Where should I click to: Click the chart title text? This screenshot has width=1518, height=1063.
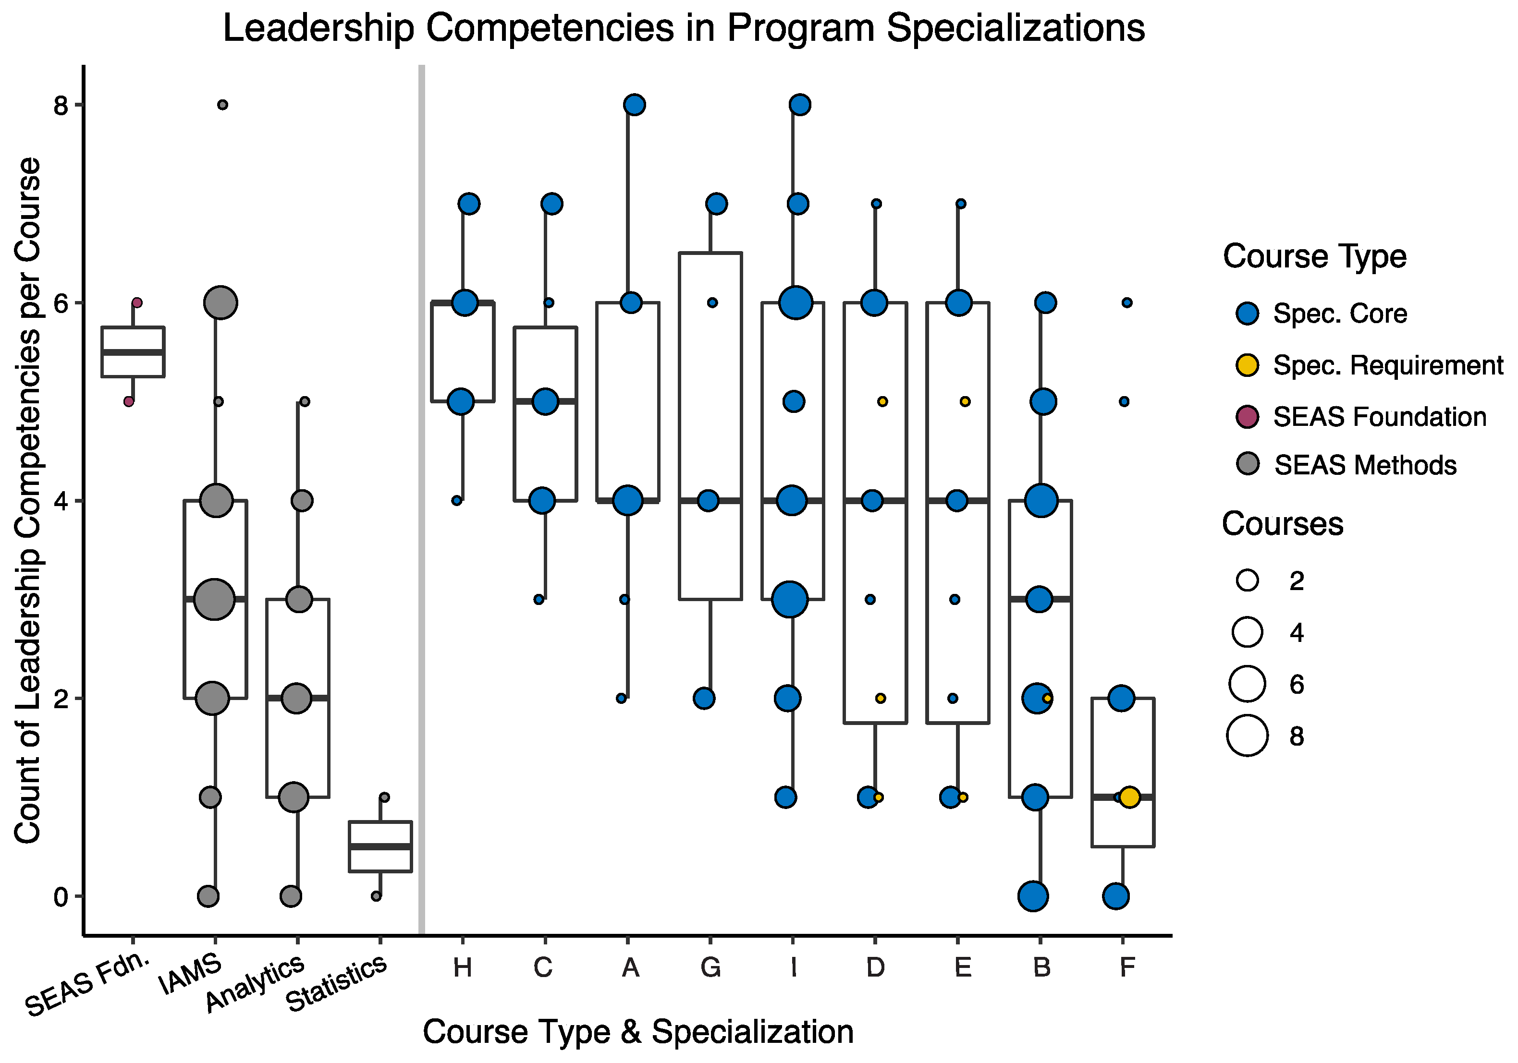tap(684, 29)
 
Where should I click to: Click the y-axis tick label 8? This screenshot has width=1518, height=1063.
tap(61, 105)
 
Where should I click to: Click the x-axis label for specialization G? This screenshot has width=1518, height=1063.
tap(711, 968)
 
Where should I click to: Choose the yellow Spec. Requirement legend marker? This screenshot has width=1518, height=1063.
tap(1248, 365)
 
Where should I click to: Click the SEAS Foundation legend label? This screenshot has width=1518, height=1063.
tap(1380, 417)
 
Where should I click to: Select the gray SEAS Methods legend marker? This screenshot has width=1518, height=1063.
tap(1248, 464)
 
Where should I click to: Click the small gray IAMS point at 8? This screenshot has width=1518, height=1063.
tap(223, 105)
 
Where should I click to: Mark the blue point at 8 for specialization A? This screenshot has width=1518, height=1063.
tap(634, 105)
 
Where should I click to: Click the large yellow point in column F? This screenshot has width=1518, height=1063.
tap(1129, 797)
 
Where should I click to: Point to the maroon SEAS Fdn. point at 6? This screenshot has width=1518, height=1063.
tap(137, 302)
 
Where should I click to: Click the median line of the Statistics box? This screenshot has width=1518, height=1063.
tap(380, 846)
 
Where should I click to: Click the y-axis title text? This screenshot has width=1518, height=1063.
tap(28, 500)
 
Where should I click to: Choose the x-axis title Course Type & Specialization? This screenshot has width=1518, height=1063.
tap(638, 1032)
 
